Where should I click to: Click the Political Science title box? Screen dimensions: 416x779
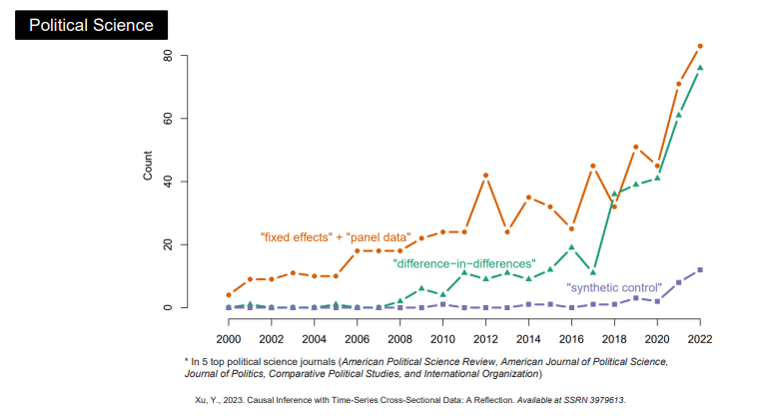coord(91,24)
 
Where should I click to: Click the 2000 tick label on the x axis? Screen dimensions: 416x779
coord(229,324)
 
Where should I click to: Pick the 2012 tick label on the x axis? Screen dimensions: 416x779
coord(485,324)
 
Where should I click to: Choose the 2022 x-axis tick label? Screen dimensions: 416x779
coord(700,324)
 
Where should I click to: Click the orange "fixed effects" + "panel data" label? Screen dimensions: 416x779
coord(336,237)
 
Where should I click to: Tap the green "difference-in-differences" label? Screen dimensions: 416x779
coord(464,263)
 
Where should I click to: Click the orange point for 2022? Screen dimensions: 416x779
coord(700,46)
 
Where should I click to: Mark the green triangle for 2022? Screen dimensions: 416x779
coord(700,68)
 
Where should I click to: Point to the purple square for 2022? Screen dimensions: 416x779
coord(700,269)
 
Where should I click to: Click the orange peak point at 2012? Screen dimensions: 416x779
coord(485,176)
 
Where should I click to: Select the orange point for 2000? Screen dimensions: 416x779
coord(229,295)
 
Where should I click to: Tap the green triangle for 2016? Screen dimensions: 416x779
coord(571,247)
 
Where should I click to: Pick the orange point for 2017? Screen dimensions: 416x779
coord(592,166)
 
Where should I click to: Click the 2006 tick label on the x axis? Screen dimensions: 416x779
coord(358,324)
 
